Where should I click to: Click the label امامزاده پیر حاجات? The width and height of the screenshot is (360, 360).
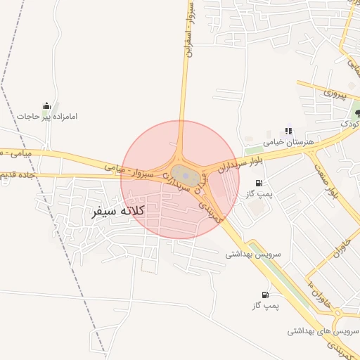coord(47,116)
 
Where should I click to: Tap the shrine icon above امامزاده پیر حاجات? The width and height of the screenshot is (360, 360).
coord(47,105)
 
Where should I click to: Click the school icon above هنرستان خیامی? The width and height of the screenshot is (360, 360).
coord(288,131)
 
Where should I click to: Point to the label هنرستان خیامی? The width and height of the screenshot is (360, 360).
coord(288,142)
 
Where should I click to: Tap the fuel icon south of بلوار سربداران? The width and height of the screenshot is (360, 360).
coord(259,184)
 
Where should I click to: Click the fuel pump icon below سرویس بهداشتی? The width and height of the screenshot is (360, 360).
coord(265,295)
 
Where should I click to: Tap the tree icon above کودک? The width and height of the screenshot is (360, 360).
coord(358,112)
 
